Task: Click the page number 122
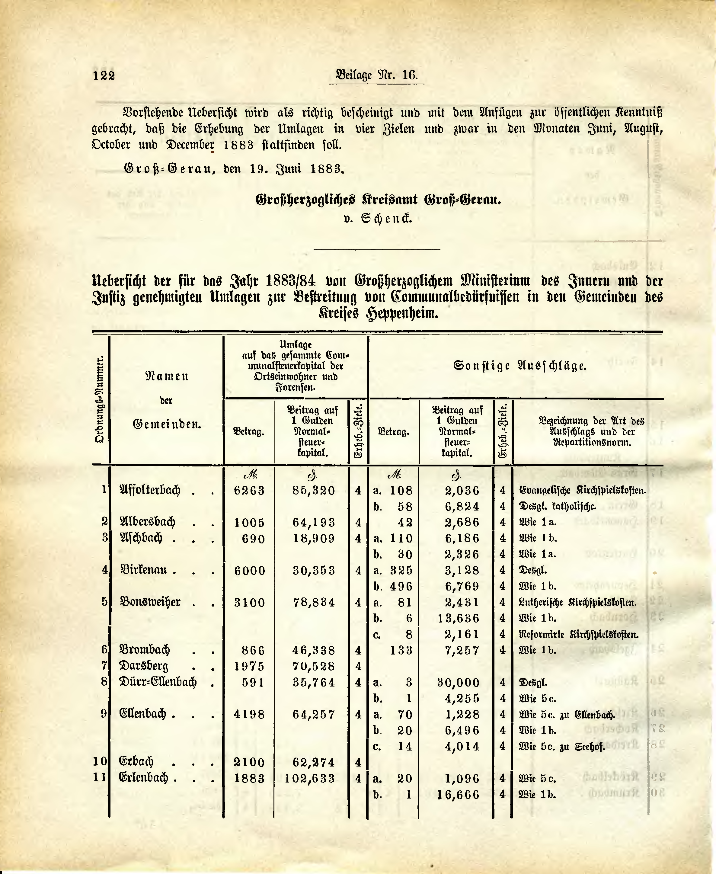(x=104, y=76)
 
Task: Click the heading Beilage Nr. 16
(x=377, y=75)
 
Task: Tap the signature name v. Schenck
(x=378, y=218)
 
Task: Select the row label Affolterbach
(x=150, y=490)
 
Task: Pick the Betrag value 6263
(x=249, y=490)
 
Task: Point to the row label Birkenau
(x=143, y=570)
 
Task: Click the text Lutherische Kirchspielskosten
(x=577, y=603)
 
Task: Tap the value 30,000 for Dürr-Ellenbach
(x=458, y=683)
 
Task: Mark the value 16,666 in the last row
(x=458, y=794)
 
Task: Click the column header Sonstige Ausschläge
(x=520, y=366)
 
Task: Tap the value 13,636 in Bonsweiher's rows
(x=462, y=619)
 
